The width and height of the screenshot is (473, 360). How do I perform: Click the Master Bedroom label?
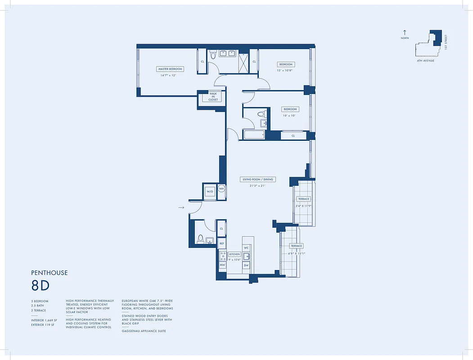(x=170, y=69)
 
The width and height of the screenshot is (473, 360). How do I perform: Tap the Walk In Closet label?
(x=213, y=97)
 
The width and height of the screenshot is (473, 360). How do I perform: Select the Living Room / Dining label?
(x=258, y=180)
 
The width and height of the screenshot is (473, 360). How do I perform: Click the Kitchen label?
(x=234, y=254)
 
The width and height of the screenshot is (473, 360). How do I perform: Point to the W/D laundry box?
(x=210, y=191)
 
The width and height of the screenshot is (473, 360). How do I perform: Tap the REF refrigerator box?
(x=221, y=243)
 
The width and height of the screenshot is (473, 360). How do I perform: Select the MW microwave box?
(x=222, y=265)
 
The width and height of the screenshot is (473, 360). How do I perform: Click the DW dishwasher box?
(x=246, y=265)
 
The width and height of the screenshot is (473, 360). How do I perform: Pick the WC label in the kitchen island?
(x=246, y=248)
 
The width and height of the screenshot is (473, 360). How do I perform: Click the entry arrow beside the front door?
(x=181, y=207)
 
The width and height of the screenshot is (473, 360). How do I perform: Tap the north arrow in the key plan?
(x=405, y=33)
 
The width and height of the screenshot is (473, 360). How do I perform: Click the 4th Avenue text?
(x=425, y=60)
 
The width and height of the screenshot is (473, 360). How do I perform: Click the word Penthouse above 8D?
(x=50, y=273)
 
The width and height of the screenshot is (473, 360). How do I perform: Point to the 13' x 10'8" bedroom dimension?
(x=284, y=70)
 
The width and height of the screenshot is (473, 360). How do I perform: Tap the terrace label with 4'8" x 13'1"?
(x=296, y=246)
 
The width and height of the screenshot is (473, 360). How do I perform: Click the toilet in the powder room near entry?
(x=200, y=239)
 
